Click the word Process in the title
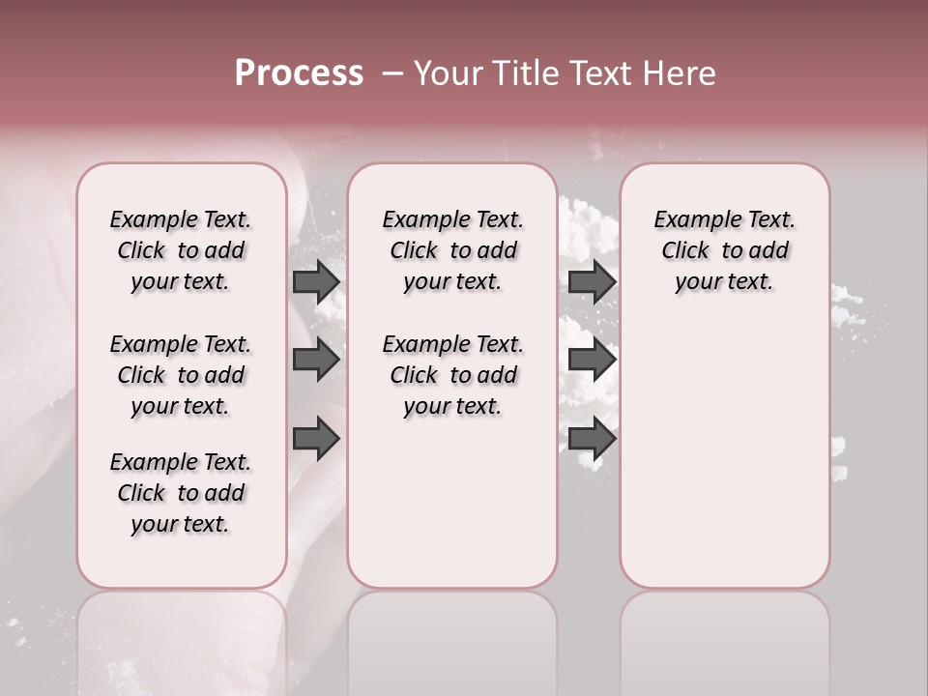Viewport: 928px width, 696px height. click(299, 73)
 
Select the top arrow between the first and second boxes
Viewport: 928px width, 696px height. click(316, 282)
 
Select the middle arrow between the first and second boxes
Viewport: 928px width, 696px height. click(316, 361)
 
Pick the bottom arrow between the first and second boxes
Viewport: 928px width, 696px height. click(316, 439)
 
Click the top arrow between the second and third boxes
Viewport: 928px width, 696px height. click(592, 282)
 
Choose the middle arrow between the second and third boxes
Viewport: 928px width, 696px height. click(592, 361)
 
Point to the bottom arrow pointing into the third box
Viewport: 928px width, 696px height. click(592, 439)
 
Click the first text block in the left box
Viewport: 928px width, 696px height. click(181, 250)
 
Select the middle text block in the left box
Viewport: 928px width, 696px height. click(181, 375)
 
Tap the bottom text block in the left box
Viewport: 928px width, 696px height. click(181, 493)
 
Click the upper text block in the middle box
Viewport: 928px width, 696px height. click(452, 250)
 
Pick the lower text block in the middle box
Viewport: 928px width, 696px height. click(452, 375)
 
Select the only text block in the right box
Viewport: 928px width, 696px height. click(725, 250)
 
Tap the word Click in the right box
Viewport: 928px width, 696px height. click(685, 251)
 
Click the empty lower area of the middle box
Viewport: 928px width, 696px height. click(452, 503)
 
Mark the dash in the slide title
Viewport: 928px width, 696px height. click(392, 73)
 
